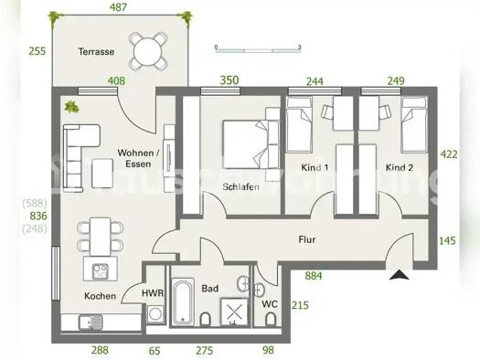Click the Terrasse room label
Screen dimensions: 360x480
point(96,52)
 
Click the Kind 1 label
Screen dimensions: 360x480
point(316,167)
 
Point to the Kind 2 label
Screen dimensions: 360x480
point(400,167)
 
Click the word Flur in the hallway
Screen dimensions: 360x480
point(307,239)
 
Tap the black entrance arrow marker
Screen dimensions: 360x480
point(399,273)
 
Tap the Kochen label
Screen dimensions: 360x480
point(99,296)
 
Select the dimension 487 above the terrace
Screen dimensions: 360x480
point(119,6)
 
